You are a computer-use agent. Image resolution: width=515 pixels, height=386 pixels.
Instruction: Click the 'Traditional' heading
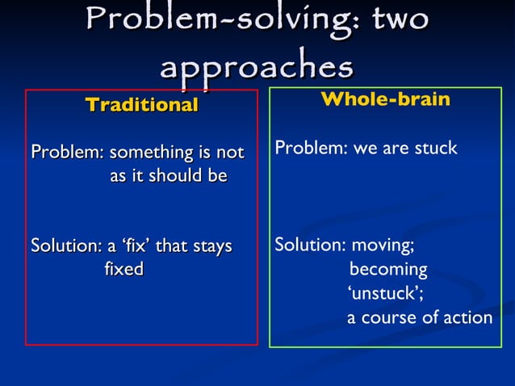(141, 105)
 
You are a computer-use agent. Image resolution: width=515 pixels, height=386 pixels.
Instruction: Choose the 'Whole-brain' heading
(385, 100)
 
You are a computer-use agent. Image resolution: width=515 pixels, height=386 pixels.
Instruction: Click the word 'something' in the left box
(148, 153)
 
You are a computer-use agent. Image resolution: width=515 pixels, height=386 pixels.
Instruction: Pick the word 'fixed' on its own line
(124, 268)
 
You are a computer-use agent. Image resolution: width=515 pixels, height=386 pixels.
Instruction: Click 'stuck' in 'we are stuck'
(436, 149)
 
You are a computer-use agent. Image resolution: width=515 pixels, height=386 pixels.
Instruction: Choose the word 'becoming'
(388, 269)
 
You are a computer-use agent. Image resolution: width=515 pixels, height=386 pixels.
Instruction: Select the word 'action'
(467, 317)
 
